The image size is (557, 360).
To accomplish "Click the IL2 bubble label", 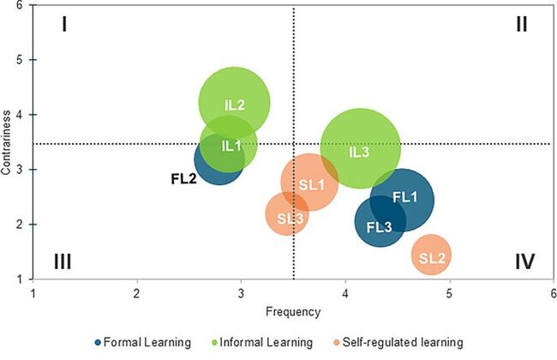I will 235,105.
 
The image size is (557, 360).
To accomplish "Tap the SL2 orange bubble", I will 431,256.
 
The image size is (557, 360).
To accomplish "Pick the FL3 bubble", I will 380,226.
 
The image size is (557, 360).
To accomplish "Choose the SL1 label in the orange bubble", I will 310,183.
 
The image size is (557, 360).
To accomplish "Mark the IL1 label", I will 231,146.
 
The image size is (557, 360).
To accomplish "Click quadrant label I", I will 63,24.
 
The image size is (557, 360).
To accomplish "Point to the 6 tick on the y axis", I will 21,6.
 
